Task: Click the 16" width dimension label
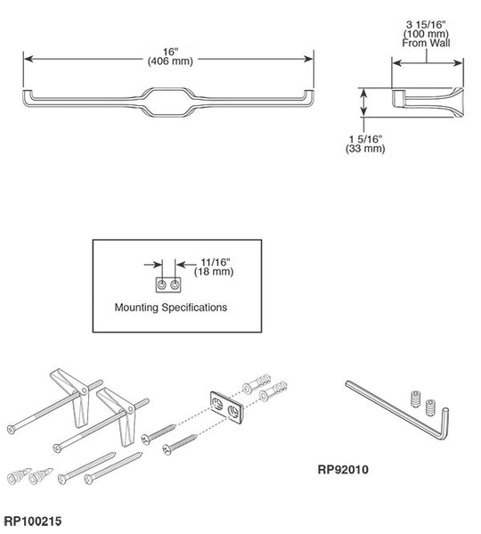click(170, 52)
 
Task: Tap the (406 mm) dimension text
click(170, 62)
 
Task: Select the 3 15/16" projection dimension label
click(426, 25)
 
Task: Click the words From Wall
click(426, 43)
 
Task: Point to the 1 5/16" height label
click(366, 139)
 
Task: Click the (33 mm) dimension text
click(365, 149)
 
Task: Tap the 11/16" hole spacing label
click(216, 262)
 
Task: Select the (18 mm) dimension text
click(214, 272)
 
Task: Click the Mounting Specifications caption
click(171, 308)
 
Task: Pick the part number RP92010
click(343, 470)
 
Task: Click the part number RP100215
click(33, 521)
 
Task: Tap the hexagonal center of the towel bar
click(167, 89)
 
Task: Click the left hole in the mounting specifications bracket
click(162, 284)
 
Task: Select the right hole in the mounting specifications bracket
click(175, 284)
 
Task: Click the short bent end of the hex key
click(444, 424)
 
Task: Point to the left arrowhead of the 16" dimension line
click(29, 59)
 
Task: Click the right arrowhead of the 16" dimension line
click(309, 59)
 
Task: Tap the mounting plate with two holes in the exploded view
click(226, 408)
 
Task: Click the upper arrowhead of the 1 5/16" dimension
click(364, 93)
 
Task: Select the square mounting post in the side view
click(398, 98)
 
